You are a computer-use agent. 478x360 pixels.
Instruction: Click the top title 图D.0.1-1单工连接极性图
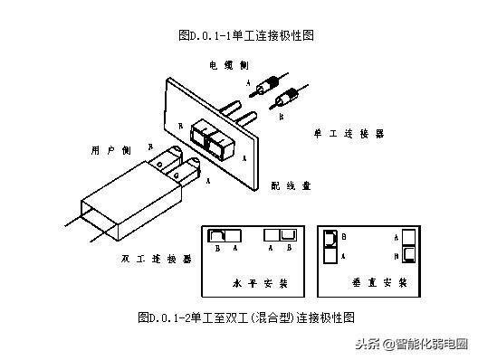239,35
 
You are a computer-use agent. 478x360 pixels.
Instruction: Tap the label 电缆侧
226,65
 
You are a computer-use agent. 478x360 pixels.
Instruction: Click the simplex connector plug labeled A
266,88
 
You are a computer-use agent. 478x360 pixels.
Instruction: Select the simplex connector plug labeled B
292,95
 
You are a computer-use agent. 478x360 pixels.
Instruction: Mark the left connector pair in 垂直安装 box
330,245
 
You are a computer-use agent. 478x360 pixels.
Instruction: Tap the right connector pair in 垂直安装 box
408,245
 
